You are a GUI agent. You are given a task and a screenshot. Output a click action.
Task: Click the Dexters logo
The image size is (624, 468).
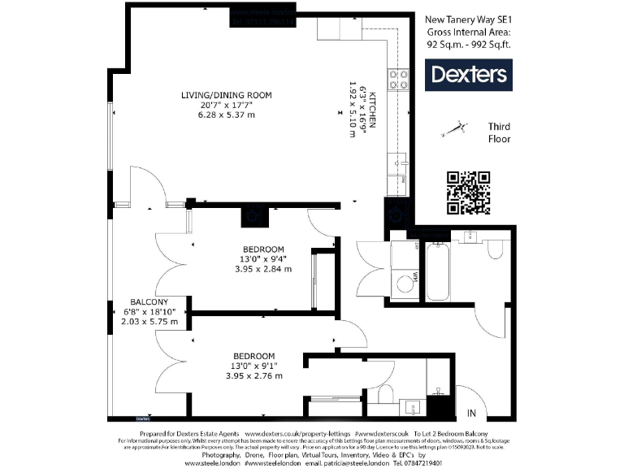(468, 76)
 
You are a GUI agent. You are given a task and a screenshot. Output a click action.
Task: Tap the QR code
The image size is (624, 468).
(469, 193)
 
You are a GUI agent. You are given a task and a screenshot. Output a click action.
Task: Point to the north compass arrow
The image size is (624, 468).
(453, 128)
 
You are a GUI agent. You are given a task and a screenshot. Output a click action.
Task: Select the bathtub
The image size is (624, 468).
(436, 272)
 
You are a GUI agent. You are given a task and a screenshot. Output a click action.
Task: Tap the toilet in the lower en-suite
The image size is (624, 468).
(387, 395)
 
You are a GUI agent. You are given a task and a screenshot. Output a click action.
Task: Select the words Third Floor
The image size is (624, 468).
(499, 133)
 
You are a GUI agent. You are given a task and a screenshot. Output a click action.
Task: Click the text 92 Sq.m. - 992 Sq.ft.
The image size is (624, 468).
(470, 45)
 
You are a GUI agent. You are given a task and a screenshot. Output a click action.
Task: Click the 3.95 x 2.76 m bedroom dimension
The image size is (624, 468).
(253, 375)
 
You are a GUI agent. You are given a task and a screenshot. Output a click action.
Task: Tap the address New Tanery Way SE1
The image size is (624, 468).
(470, 19)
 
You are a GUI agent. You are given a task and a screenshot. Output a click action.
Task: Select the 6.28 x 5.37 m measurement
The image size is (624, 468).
(226, 115)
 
